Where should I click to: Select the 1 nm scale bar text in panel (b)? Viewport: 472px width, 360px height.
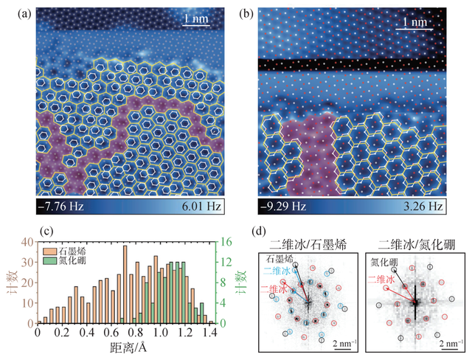(417, 23)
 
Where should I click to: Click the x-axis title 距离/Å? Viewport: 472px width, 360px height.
(124, 348)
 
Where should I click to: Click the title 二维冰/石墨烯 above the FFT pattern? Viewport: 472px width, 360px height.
(310, 244)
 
